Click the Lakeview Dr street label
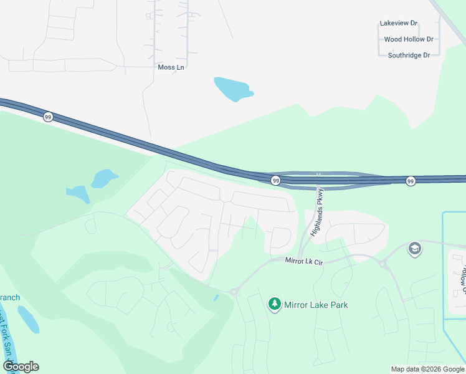[x=399, y=23]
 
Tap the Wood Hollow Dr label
[x=409, y=39]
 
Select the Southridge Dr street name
[x=409, y=55]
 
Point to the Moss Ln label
[x=171, y=67]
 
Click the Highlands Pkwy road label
[x=316, y=213]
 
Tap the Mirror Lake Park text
[x=316, y=305]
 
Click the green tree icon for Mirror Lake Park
[x=274, y=304]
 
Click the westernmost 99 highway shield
[x=48, y=117]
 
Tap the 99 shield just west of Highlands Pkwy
[x=275, y=181]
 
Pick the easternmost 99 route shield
[x=411, y=181]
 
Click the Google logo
[x=21, y=367]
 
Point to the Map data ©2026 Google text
[x=427, y=369]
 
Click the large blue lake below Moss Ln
[x=232, y=89]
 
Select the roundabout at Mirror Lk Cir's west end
[x=235, y=291]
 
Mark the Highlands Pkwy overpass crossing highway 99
[x=318, y=180]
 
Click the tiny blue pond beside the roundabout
[x=216, y=298]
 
